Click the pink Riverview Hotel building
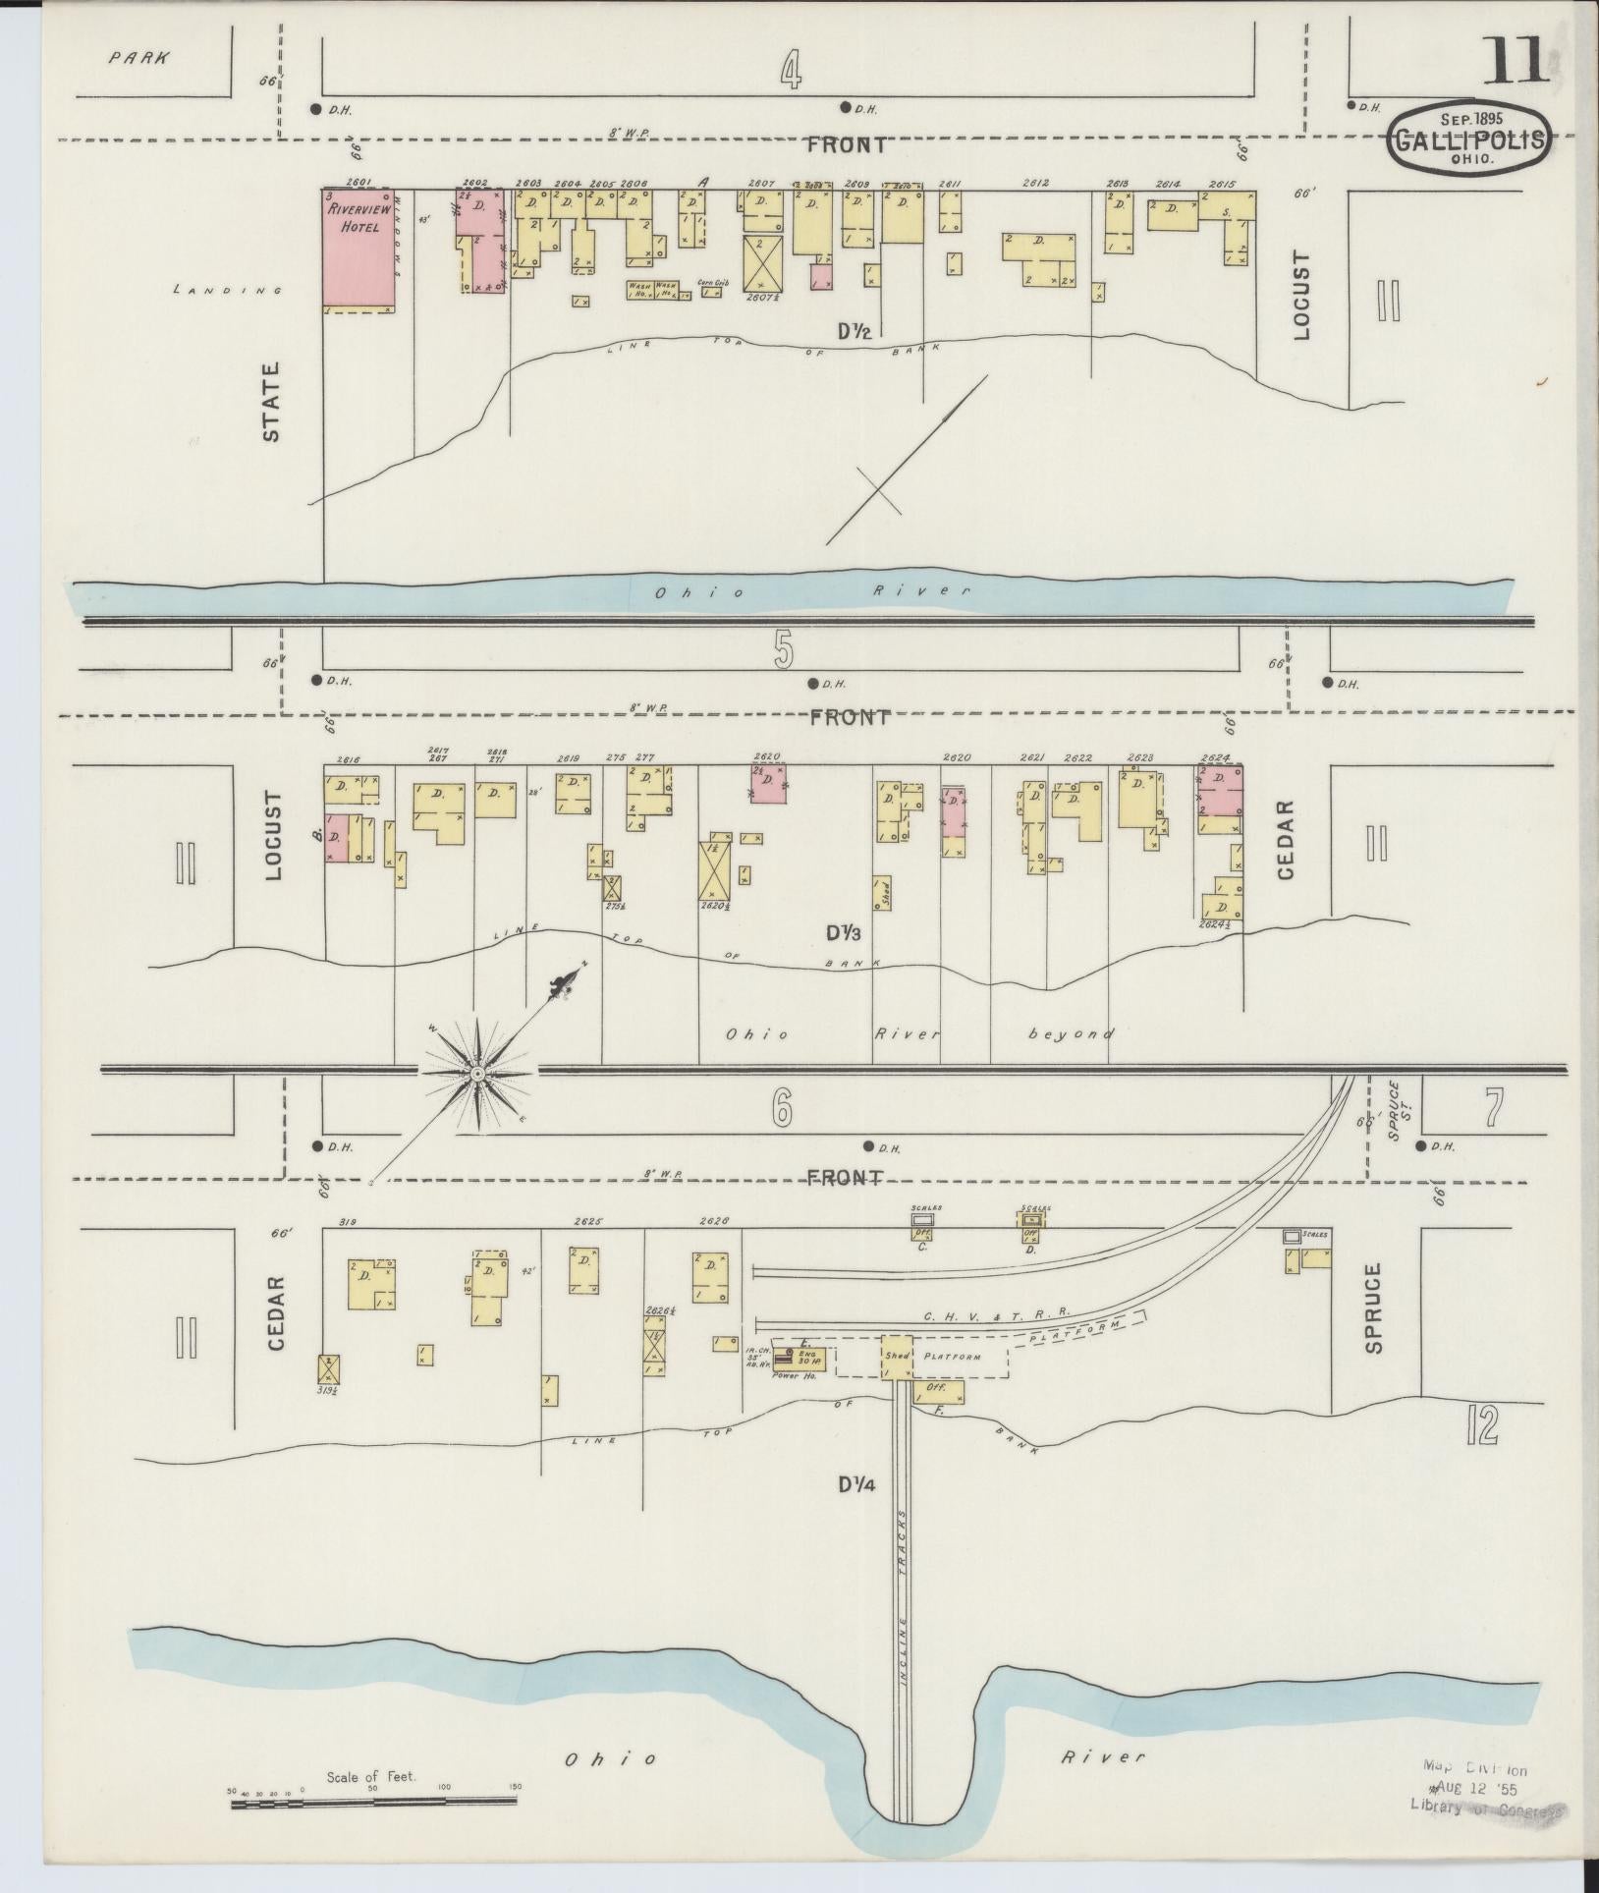pyautogui.click(x=359, y=251)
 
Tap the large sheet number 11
pyautogui.click(x=1516, y=61)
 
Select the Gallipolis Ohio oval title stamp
pyautogui.click(x=1470, y=140)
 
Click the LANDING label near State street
pyautogui.click(x=227, y=290)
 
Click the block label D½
pyautogui.click(x=854, y=333)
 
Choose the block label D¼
pyautogui.click(x=857, y=1513)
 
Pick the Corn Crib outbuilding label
pyautogui.click(x=712, y=283)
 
